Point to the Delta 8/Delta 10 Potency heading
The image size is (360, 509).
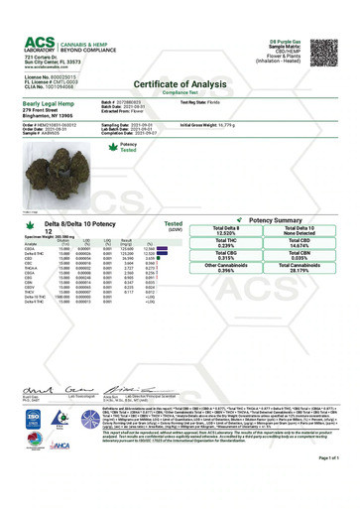[60, 226]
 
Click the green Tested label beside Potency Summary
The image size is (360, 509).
[173, 226]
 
